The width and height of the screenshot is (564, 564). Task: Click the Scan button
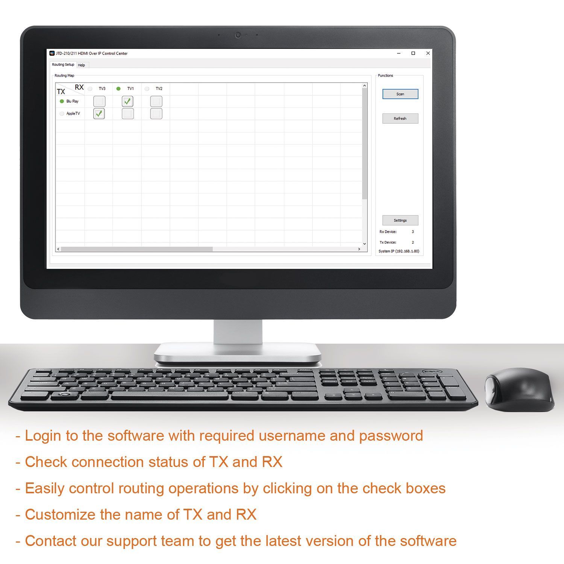400,94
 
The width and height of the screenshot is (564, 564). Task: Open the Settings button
400,220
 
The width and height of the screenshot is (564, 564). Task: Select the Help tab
81,65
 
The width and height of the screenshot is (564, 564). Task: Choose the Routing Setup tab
63,65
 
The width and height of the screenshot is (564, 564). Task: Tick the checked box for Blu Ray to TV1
128,101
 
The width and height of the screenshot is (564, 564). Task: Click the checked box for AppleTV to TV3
99,114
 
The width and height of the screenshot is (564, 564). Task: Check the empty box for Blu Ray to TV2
156,101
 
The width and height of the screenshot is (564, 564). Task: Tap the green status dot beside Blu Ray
62,101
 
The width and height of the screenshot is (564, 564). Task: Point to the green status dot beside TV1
118,89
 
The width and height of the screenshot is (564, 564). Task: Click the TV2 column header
159,89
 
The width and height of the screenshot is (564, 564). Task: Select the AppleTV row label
73,114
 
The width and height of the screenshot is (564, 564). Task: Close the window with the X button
428,53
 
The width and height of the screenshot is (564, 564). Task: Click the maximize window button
413,53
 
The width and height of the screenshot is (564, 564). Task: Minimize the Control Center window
399,53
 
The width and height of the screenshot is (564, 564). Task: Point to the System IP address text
399,251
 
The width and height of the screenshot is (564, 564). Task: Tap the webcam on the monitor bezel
238,35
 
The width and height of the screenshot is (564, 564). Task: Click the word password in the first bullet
391,436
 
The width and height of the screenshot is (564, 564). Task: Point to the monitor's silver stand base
238,353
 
